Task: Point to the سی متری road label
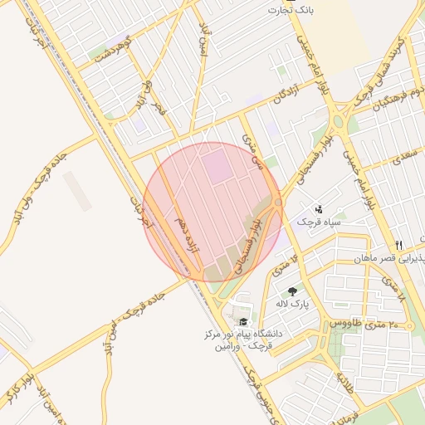coord(252,152)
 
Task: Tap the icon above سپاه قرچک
coord(319,209)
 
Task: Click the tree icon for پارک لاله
coord(292,291)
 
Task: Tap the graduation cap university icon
coord(243,322)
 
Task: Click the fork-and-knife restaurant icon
coord(398,245)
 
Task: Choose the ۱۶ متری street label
coord(284,263)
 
